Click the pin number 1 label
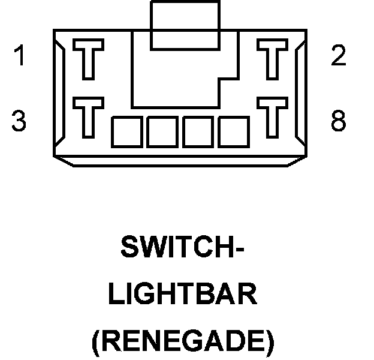[20, 56]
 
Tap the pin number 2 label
[339, 56]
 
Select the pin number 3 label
[19, 121]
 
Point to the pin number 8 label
[339, 121]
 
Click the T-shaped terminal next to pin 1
[88, 59]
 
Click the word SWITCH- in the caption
[183, 248]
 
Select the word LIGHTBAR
[185, 295]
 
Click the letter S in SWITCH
[130, 248]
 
